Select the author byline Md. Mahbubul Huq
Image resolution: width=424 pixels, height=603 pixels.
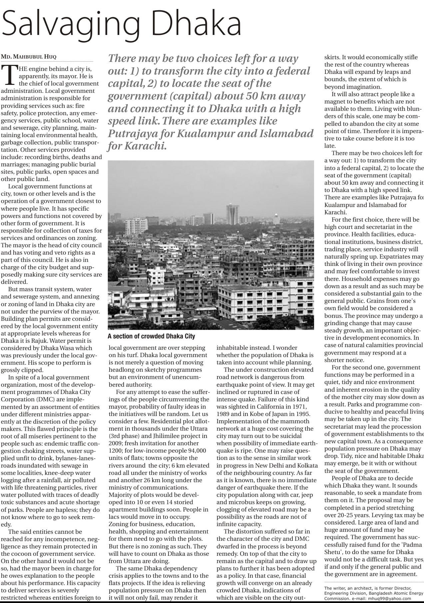point(29,57)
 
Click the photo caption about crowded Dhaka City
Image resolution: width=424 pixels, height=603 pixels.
point(151,336)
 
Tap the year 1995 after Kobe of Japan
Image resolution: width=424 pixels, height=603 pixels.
point(304,414)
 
